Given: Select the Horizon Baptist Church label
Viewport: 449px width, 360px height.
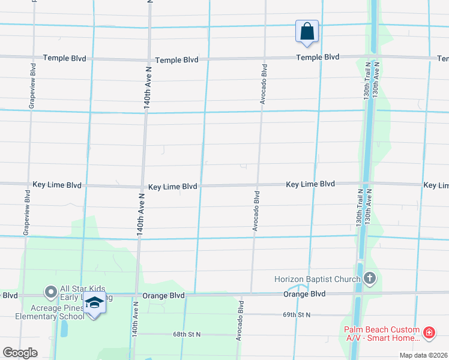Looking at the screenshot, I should [x=317, y=279].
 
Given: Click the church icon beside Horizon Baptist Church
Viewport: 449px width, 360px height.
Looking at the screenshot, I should [x=369, y=278].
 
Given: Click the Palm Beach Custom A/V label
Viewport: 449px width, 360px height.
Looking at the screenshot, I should [x=381, y=334].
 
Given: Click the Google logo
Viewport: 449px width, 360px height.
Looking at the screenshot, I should [x=20, y=353].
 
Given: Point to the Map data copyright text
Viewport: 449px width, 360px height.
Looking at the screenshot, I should [x=423, y=355].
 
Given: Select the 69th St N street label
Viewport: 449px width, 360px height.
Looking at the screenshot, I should [x=297, y=314].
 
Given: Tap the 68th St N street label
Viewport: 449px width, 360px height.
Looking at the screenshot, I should [x=186, y=334].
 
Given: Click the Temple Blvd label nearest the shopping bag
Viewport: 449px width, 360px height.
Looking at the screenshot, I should [x=318, y=58].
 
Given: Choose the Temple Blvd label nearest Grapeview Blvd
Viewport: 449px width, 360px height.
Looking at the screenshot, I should [x=64, y=59].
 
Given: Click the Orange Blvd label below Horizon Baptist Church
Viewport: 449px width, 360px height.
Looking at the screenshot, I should [x=304, y=294].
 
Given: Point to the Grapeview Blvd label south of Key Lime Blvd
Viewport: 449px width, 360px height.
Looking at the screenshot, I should [x=26, y=213].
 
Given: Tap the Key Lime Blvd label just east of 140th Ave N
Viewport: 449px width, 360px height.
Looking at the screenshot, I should [x=173, y=187].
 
